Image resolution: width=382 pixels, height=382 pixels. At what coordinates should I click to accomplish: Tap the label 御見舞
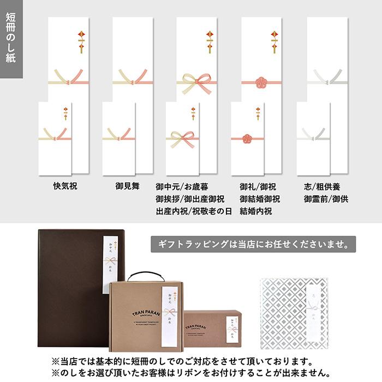click(129, 186)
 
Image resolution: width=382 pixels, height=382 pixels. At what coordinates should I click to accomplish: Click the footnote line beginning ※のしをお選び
click(191, 373)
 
